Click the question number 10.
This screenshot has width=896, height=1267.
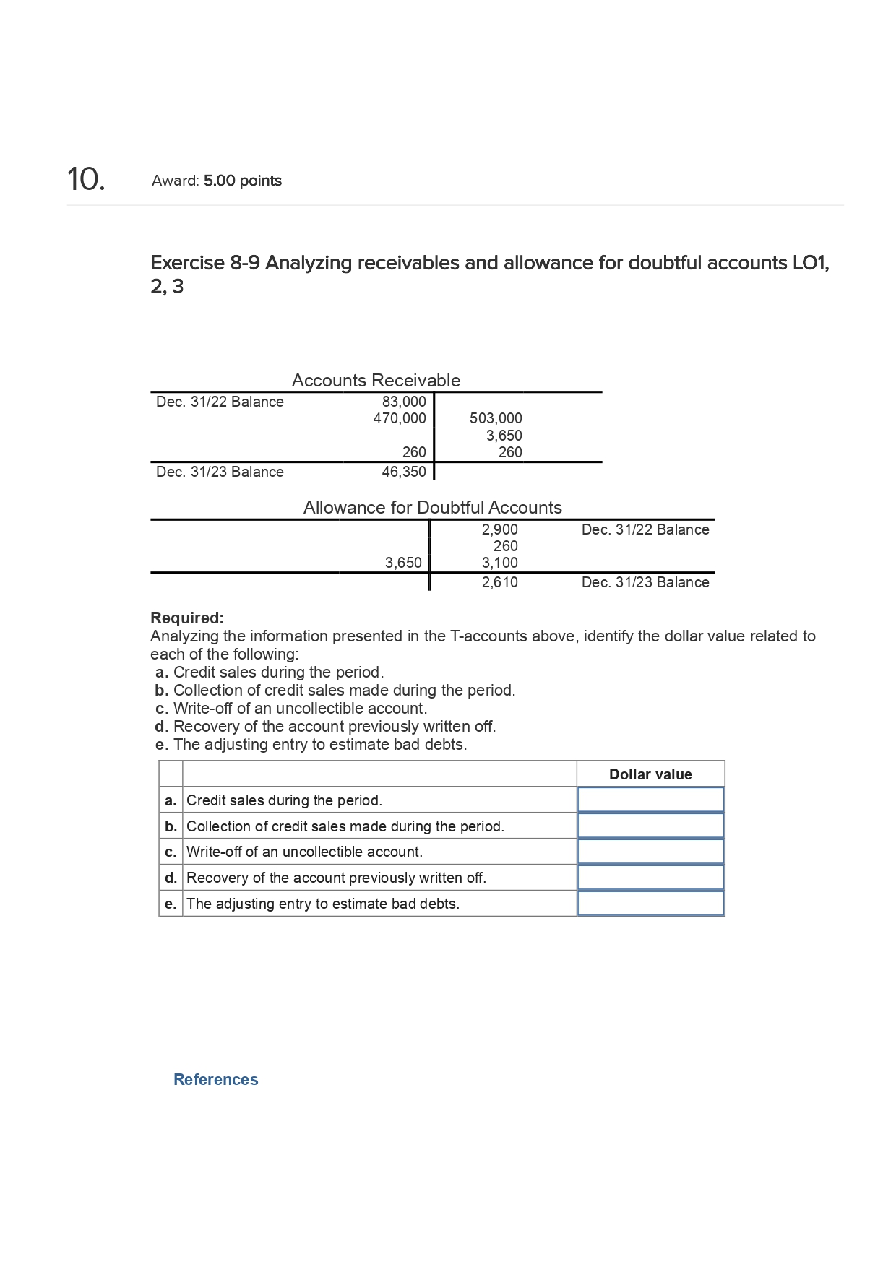coord(86,179)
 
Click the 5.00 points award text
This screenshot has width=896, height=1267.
coord(242,181)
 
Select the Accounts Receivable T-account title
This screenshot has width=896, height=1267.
coord(376,380)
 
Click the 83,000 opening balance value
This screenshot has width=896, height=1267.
coord(404,402)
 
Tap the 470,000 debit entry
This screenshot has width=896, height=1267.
coord(400,418)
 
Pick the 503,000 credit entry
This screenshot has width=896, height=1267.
coord(496,418)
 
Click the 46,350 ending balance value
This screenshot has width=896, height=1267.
coord(404,472)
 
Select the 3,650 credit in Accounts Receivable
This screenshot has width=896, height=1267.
coord(504,436)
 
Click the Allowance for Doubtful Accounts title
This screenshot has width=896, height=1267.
coord(432,507)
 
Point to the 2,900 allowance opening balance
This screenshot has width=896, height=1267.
coord(499,529)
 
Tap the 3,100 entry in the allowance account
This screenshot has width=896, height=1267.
coord(499,563)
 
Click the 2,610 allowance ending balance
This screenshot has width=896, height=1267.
coord(499,582)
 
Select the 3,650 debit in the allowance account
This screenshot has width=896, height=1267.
coord(403,563)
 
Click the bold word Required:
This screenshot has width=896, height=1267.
coord(187,618)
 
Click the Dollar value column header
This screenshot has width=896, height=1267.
coord(650,774)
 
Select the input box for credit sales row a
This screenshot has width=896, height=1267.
coord(650,800)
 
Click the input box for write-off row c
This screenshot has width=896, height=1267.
coord(650,852)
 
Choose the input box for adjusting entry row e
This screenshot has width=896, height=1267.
coord(650,904)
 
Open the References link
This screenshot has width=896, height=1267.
coord(215,1079)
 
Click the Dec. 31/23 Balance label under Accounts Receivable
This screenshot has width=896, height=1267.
coord(220,472)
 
